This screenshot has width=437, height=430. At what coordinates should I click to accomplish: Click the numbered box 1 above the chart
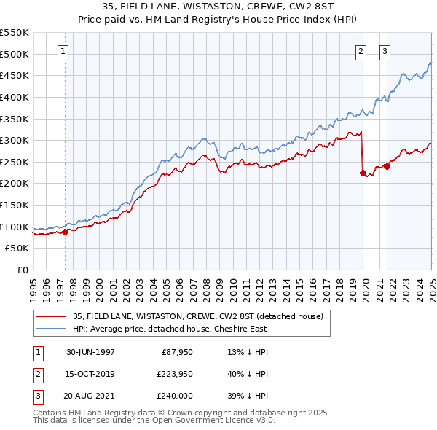[64, 51]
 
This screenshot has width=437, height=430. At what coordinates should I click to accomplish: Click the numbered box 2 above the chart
[361, 51]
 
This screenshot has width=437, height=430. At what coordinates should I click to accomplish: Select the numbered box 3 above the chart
[385, 51]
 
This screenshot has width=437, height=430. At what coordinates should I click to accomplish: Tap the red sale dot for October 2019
[363, 173]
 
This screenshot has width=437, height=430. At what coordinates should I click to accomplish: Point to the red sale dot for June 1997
[66, 232]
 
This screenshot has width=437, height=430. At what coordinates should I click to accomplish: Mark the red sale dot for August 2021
[387, 166]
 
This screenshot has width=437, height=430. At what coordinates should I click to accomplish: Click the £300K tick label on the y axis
[15, 140]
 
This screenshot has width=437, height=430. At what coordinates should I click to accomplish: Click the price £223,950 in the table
[172, 374]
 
